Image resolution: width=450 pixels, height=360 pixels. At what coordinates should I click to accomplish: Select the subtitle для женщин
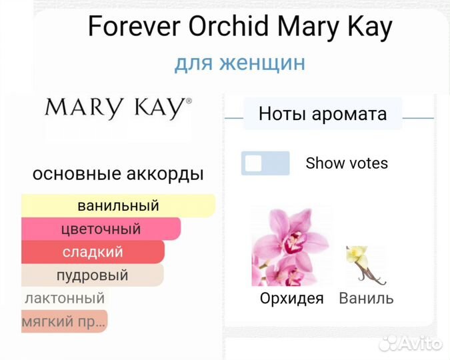[x=240, y=63]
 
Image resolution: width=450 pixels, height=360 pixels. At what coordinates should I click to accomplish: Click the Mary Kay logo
[x=118, y=108]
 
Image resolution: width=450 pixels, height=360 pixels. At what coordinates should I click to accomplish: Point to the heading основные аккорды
[x=118, y=174]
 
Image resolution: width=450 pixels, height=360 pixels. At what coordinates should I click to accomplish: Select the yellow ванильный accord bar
[x=118, y=205]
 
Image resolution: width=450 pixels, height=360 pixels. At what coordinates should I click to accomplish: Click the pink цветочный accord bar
[x=101, y=229]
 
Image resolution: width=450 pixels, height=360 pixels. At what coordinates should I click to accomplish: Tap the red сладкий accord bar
[x=93, y=252]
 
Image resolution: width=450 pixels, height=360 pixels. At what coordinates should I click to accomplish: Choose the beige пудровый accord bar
[x=92, y=275]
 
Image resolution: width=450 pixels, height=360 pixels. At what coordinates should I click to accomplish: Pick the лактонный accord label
[x=64, y=298]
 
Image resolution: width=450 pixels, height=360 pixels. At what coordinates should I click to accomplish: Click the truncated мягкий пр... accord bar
[x=64, y=321]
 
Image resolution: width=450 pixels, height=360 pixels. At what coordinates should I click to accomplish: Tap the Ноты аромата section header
[x=323, y=113]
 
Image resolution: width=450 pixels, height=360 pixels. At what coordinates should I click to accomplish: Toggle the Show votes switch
[x=265, y=163]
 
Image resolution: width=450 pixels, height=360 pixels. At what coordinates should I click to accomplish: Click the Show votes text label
[x=347, y=163]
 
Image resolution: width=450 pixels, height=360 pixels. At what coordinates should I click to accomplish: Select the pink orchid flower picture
[x=291, y=246]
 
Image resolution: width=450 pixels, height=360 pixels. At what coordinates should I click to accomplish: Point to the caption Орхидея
[x=291, y=298]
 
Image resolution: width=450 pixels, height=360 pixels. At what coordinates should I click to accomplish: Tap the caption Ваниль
[x=366, y=298]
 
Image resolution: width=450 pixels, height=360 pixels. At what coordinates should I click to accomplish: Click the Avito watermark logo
[x=410, y=343]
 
